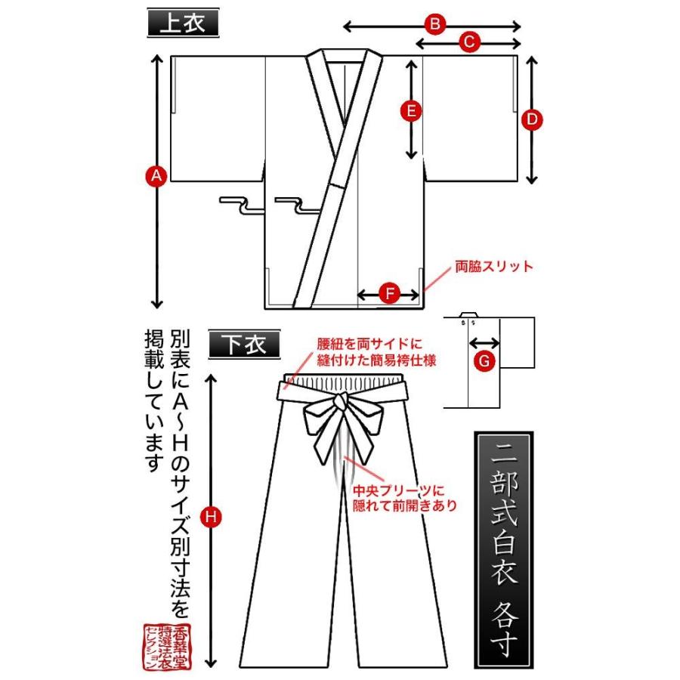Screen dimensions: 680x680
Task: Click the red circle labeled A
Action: [x=156, y=176]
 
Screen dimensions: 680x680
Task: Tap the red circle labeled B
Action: [x=434, y=25]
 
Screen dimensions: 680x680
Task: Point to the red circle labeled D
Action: [x=531, y=119]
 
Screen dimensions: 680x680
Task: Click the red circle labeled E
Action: [x=410, y=111]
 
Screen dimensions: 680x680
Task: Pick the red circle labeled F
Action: [x=388, y=294]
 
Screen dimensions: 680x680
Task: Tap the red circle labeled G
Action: [x=484, y=361]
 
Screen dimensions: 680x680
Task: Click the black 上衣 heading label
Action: [x=181, y=23]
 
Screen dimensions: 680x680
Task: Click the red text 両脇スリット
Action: [x=494, y=267]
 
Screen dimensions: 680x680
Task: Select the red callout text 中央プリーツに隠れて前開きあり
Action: [x=405, y=499]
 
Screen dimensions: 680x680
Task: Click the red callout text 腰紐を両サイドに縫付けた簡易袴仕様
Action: [x=377, y=352]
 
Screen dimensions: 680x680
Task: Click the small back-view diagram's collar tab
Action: [x=468, y=314]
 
